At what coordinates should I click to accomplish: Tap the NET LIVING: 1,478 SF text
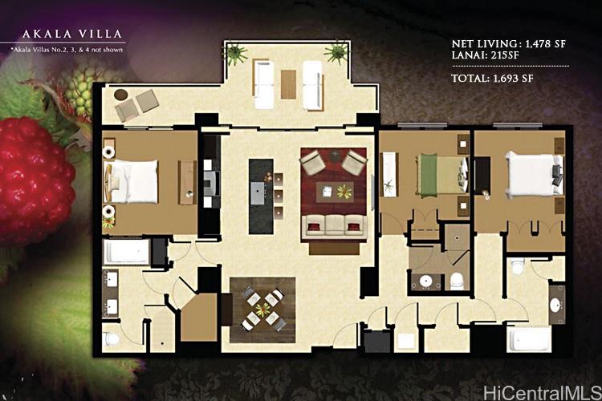point(508,45)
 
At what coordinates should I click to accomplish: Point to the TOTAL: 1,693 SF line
point(493,79)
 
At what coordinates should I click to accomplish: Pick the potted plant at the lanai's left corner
point(235,55)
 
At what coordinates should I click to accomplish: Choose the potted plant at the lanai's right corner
point(336,53)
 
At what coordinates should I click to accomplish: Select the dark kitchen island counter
point(260,196)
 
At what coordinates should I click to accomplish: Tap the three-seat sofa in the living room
point(334,225)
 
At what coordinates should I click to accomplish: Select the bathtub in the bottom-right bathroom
point(529,339)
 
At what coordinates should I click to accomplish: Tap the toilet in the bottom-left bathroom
point(113,338)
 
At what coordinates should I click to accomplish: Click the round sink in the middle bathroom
point(425,282)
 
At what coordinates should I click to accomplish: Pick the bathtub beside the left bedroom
point(128,252)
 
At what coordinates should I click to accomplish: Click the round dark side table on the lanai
point(121,95)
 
